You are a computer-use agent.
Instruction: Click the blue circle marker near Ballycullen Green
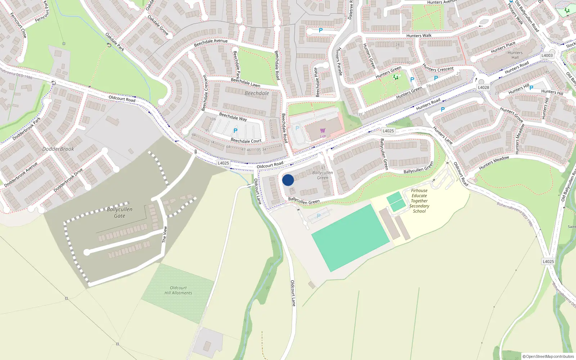[288, 180]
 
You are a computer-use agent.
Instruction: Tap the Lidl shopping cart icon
[323, 131]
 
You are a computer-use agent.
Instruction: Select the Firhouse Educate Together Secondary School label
[419, 201]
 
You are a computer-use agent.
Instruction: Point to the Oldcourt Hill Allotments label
[178, 291]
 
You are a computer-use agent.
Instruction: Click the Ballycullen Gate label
[120, 212]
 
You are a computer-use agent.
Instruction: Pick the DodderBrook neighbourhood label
[58, 149]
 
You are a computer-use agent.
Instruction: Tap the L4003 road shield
[547, 55]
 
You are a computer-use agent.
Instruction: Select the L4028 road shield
[483, 87]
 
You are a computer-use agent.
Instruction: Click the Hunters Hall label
[515, 55]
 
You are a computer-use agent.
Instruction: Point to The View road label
[165, 234]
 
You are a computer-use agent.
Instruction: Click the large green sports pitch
[350, 238]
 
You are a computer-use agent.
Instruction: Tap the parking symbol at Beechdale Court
[235, 131]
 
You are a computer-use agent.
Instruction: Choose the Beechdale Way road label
[233, 117]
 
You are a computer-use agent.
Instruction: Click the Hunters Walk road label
[419, 36]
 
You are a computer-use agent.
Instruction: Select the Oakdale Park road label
[115, 42]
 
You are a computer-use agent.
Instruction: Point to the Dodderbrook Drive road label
[68, 180]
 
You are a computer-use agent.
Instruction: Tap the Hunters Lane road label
[442, 135]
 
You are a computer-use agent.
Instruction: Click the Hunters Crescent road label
[438, 68]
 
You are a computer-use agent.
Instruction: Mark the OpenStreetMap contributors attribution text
[548, 356]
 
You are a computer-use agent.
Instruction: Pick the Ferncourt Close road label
[18, 25]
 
